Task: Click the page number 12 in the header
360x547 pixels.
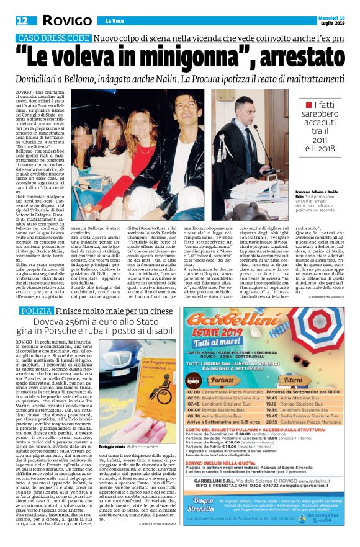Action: [13, 21]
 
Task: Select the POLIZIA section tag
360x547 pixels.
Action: [34, 310]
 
